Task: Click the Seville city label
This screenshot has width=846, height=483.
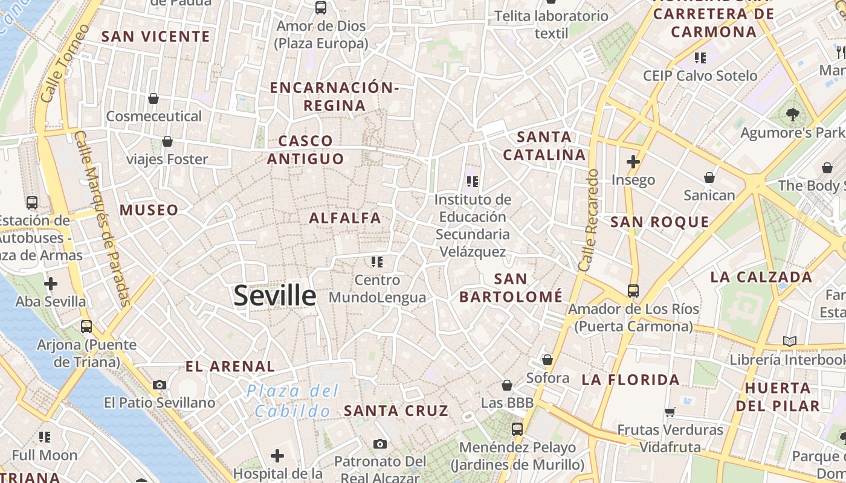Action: pyautogui.click(x=274, y=296)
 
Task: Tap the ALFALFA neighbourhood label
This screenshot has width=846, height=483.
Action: pyautogui.click(x=345, y=218)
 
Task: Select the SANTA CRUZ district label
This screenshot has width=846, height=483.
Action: pyautogui.click(x=396, y=411)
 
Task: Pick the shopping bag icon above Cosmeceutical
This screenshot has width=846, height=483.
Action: pyautogui.click(x=153, y=98)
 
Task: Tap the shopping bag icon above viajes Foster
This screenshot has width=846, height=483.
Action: pyautogui.click(x=167, y=141)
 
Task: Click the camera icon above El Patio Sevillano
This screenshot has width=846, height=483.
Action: pyautogui.click(x=160, y=385)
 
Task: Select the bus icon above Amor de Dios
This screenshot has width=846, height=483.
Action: pyautogui.click(x=321, y=8)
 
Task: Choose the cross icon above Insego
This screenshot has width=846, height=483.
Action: pyautogui.click(x=633, y=162)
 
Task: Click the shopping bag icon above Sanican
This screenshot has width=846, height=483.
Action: pyautogui.click(x=709, y=178)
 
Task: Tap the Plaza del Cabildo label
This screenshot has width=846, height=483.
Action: pyautogui.click(x=293, y=401)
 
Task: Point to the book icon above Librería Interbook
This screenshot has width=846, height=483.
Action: pyautogui.click(x=789, y=341)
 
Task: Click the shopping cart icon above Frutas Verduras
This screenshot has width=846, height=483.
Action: pyautogui.click(x=670, y=412)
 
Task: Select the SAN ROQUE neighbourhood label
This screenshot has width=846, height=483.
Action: pyautogui.click(x=660, y=222)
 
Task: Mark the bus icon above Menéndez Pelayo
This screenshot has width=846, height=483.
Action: pyautogui.click(x=517, y=429)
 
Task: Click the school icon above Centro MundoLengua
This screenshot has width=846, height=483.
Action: pyautogui.click(x=377, y=262)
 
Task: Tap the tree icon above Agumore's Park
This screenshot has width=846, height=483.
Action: pyautogui.click(x=792, y=114)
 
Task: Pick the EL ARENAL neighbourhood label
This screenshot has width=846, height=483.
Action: pyautogui.click(x=230, y=366)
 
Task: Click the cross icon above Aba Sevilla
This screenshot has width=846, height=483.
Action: pyautogui.click(x=51, y=283)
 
